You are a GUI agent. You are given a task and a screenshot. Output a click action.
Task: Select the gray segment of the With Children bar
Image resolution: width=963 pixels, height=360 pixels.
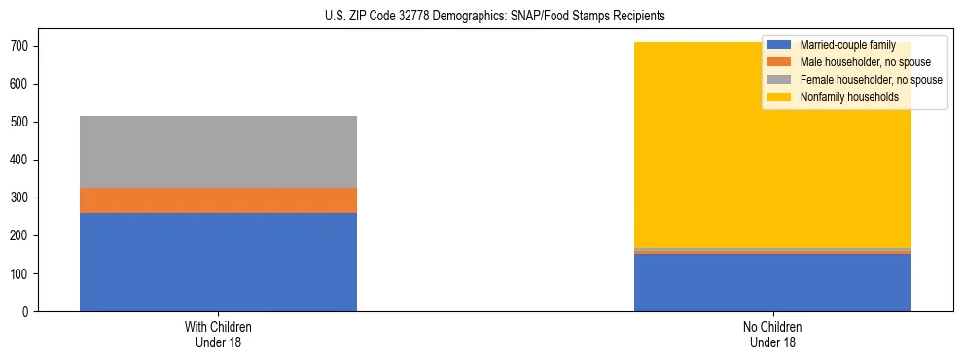click(x=218, y=152)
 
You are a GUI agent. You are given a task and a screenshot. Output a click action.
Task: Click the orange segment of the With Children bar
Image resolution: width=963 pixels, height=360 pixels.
click(x=218, y=200)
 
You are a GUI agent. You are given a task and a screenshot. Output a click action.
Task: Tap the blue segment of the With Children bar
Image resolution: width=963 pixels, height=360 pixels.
click(x=218, y=262)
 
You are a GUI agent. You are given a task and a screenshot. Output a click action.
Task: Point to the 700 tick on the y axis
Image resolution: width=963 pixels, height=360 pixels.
click(x=23, y=46)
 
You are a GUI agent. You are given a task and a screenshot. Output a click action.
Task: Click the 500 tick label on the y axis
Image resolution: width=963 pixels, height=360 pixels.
click(x=23, y=122)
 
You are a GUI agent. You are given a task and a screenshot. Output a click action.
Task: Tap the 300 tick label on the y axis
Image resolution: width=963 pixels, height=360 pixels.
click(x=23, y=198)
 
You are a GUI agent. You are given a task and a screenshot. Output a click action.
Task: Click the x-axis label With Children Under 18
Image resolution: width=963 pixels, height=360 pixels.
click(x=218, y=334)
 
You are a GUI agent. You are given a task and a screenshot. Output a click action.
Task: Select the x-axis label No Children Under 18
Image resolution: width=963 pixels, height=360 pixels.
click(x=772, y=334)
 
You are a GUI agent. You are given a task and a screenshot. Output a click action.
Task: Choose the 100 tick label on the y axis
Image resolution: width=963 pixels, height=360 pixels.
click(x=23, y=274)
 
